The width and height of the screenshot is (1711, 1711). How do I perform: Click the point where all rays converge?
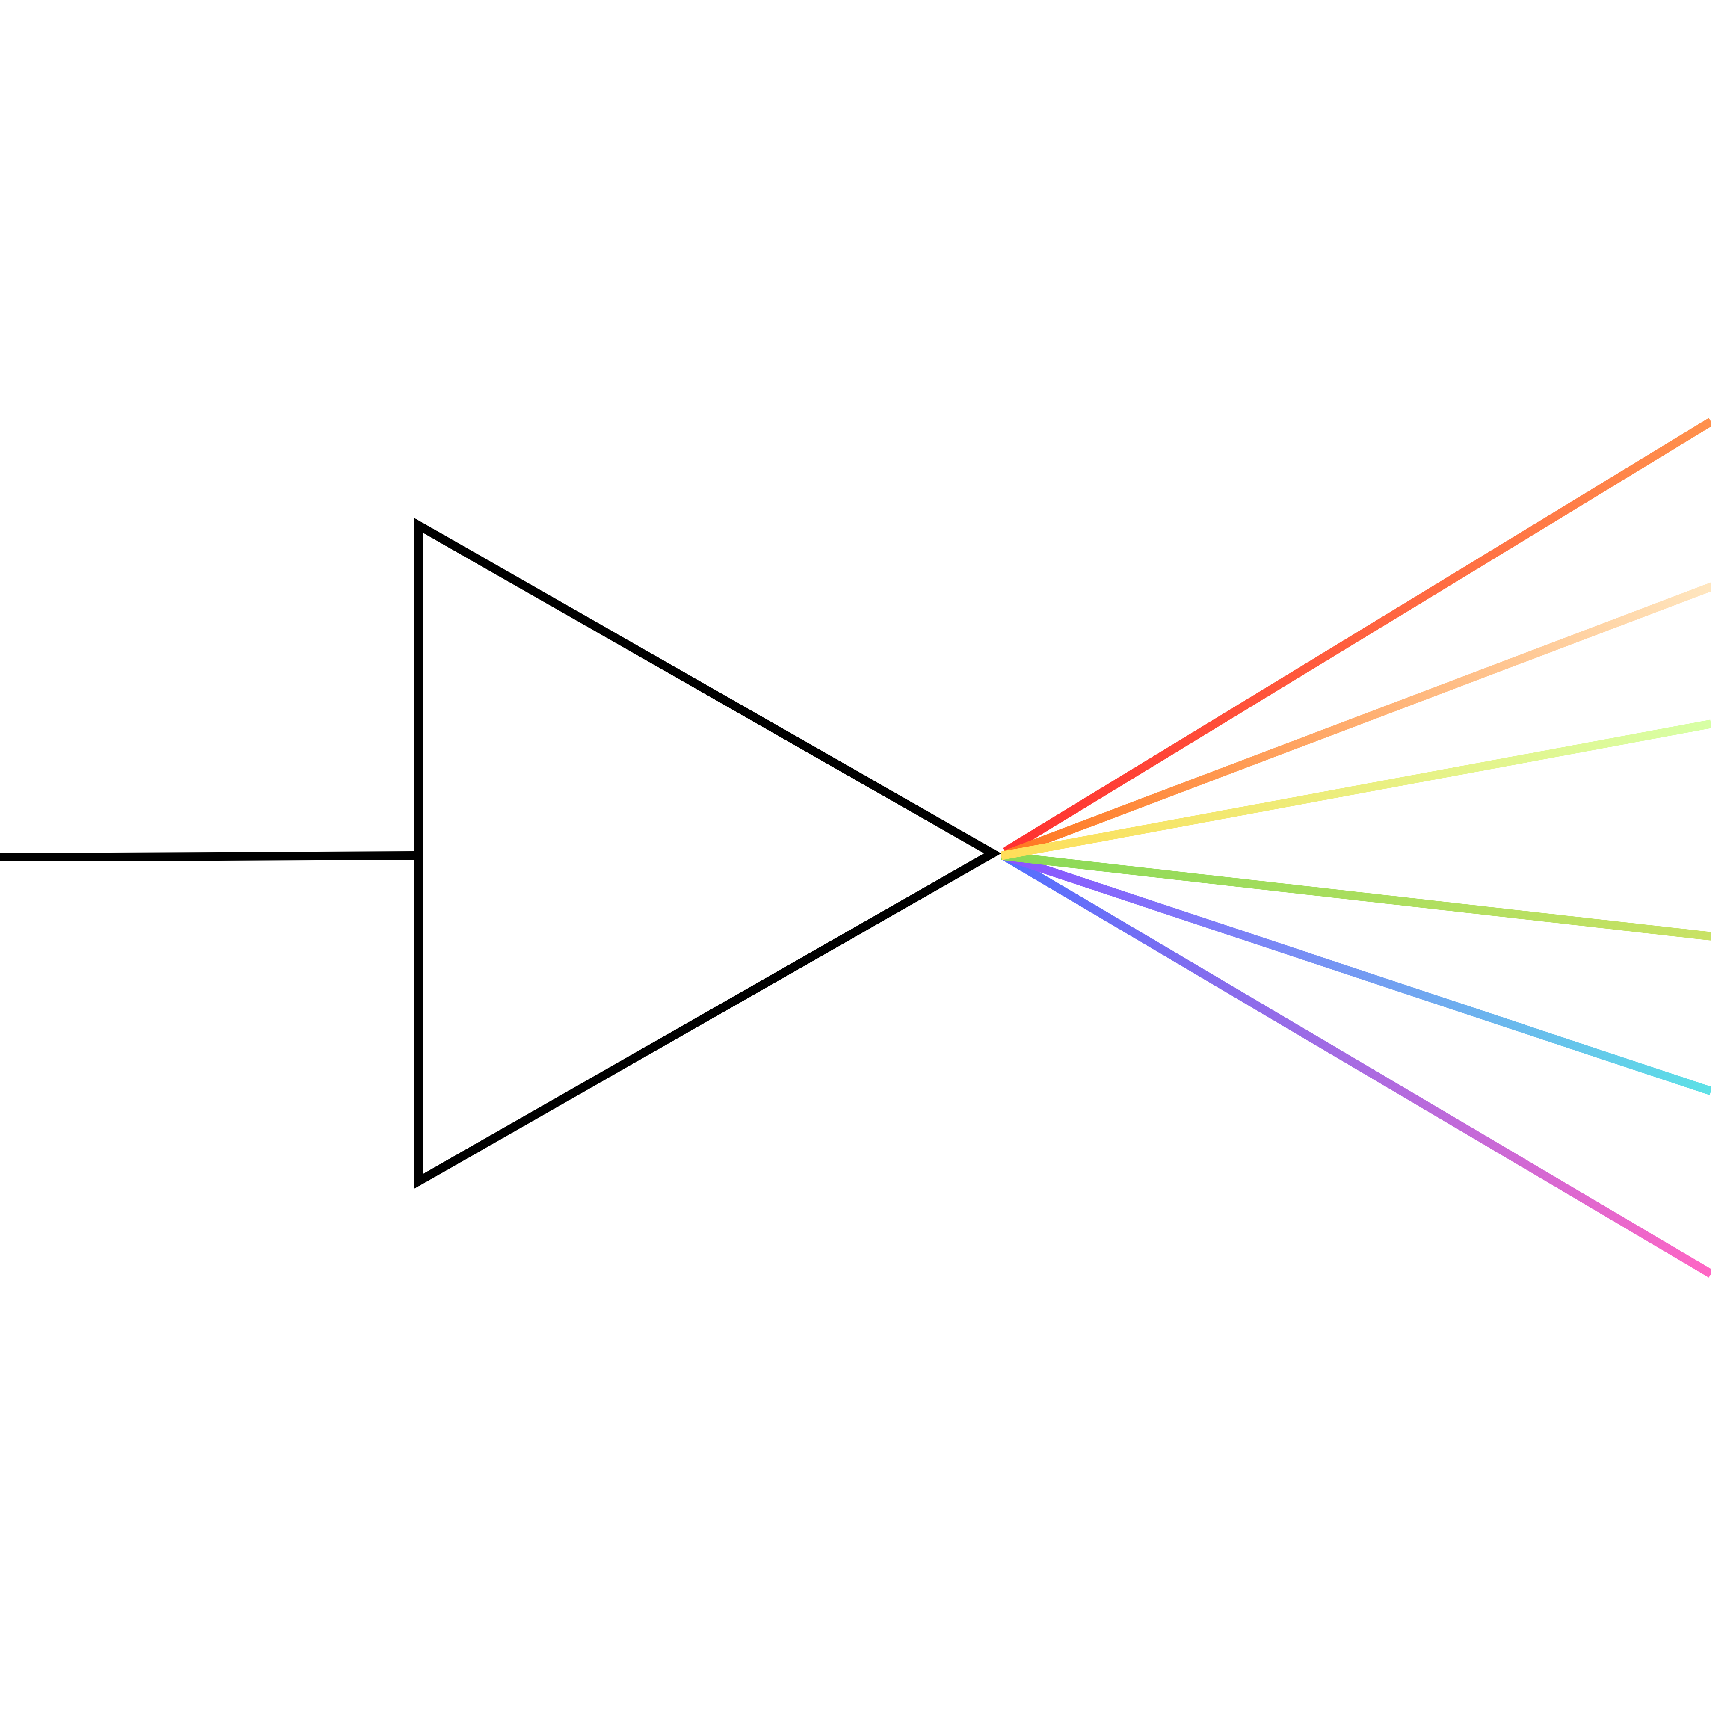1004,855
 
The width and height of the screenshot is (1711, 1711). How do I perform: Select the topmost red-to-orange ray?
1355,638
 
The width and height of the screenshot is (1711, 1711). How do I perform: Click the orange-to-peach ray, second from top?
1355,719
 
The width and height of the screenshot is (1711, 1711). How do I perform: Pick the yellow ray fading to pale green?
1355,789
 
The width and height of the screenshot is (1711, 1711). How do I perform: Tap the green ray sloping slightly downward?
1355,895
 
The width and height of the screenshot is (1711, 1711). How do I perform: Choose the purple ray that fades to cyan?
1355,973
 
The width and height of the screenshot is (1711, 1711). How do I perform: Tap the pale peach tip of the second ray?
1696,590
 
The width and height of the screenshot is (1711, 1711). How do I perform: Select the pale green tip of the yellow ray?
1696,727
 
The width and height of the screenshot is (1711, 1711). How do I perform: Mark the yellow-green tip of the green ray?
1696,934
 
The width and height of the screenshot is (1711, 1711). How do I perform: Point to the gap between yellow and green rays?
1506,832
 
